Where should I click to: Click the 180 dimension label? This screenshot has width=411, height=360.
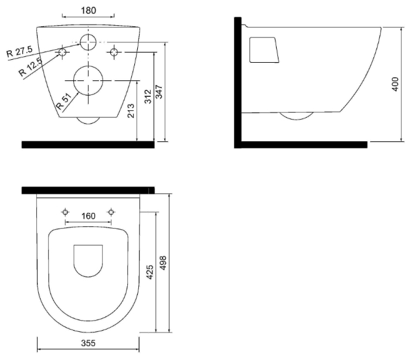[x=89, y=11]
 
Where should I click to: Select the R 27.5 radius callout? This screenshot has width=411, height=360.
[x=19, y=51]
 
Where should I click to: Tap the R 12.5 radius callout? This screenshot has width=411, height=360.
[x=30, y=67]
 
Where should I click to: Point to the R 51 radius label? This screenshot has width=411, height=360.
[x=64, y=101]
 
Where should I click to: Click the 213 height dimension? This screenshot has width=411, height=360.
[x=131, y=111]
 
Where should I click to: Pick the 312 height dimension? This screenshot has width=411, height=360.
[x=148, y=97]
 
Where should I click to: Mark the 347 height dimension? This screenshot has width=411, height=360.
[x=159, y=92]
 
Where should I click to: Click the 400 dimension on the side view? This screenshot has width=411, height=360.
[x=395, y=84]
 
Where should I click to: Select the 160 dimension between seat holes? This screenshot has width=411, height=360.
[x=89, y=216]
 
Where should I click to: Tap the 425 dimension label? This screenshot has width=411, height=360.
[x=150, y=272]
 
